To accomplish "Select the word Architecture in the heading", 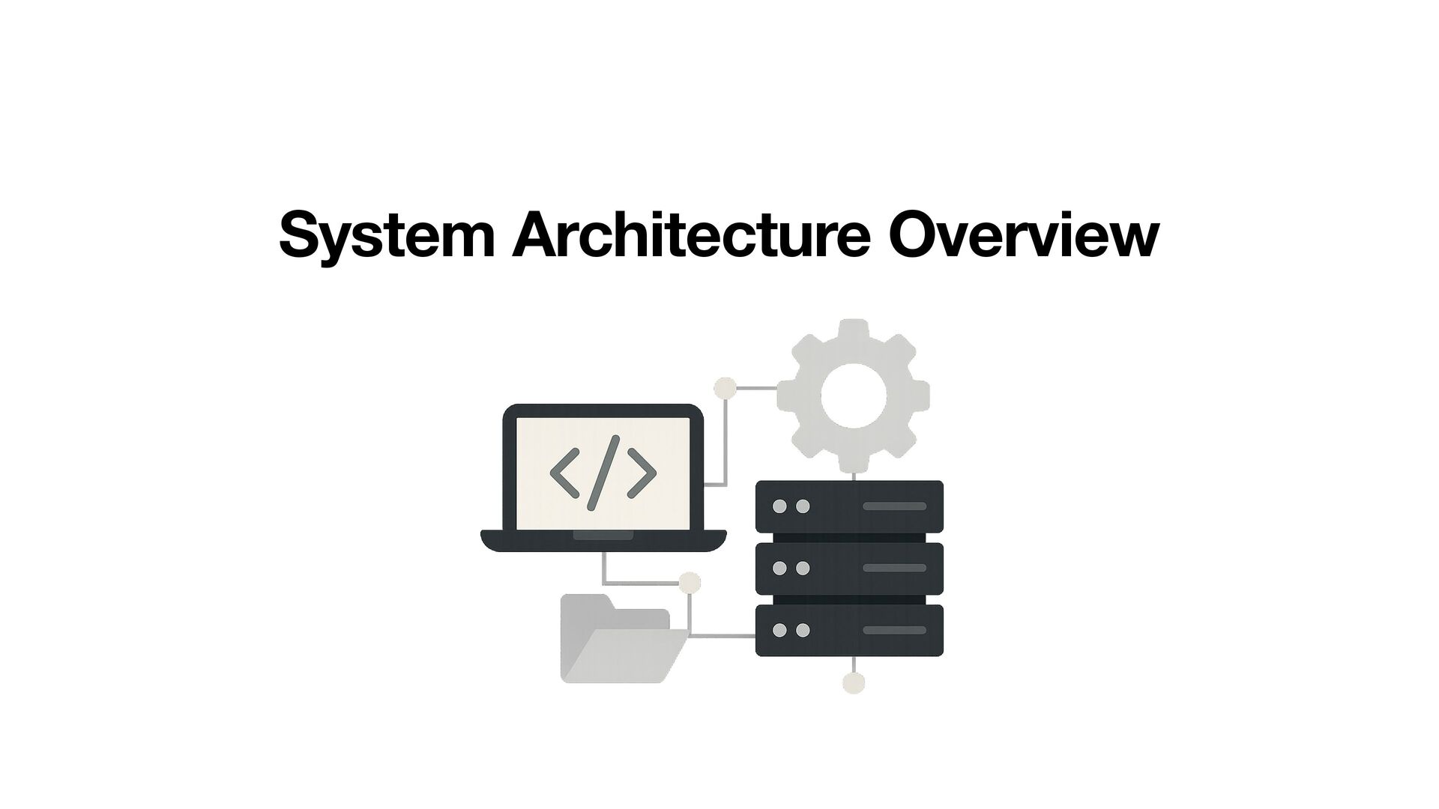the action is pyautogui.click(x=690, y=235).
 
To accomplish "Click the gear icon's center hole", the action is pyautogui.click(x=854, y=396).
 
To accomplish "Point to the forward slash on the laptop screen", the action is pyautogui.click(x=603, y=473).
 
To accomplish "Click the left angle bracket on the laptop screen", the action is pyautogui.click(x=564, y=473).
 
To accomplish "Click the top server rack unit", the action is pyautogui.click(x=848, y=506).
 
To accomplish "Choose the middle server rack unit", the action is pyautogui.click(x=848, y=569).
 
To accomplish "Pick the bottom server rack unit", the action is pyautogui.click(x=848, y=631).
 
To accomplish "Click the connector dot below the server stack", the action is pyautogui.click(x=854, y=682).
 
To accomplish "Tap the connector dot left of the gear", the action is pyautogui.click(x=724, y=387).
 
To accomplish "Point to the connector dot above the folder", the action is pyautogui.click(x=689, y=582).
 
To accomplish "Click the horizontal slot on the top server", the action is pyautogui.click(x=894, y=506).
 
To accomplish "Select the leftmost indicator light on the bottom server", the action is pyautogui.click(x=779, y=631).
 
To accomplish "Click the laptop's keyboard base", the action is pyautogui.click(x=603, y=539).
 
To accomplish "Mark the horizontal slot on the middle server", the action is pyautogui.click(x=894, y=569).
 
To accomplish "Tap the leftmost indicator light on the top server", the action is pyautogui.click(x=779, y=506).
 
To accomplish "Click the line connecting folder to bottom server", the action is pyautogui.click(x=722, y=635).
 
